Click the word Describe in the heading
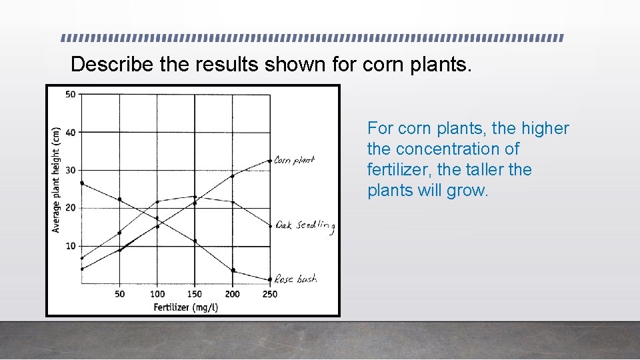(112, 64)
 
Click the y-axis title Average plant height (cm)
(56, 180)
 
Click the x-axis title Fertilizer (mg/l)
(186, 307)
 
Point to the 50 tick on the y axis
(70, 94)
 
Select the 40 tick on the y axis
(70, 132)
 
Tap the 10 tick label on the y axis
(70, 246)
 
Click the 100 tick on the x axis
(157, 294)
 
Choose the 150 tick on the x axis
(195, 294)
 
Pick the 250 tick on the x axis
(270, 294)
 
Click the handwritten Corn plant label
(294, 160)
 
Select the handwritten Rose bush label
(295, 280)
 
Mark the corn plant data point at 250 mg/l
(270, 161)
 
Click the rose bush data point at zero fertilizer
(81, 183)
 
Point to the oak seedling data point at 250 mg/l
(270, 226)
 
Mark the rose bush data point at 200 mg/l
(233, 270)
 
